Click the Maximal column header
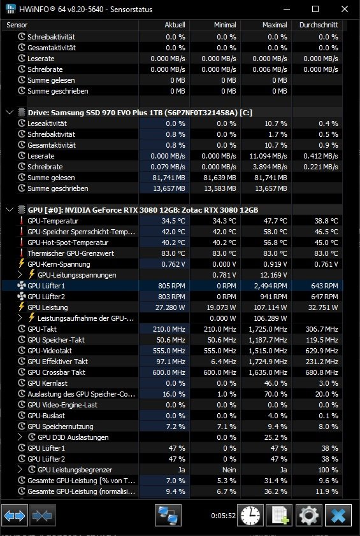pyautogui.click(x=275, y=25)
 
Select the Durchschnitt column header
pyautogui.click(x=319, y=25)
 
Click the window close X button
pyautogui.click(x=345, y=9)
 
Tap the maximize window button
pyautogui.click(x=315, y=9)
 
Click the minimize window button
pyautogui.click(x=286, y=9)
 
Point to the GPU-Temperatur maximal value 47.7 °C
pyautogui.click(x=275, y=221)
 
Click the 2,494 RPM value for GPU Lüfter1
pyautogui.click(x=270, y=286)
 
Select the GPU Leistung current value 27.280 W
pyautogui.click(x=170, y=307)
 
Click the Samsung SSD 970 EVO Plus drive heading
pyautogui.click(x=140, y=113)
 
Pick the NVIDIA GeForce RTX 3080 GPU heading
pyautogui.click(x=143, y=210)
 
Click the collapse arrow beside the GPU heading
pyautogui.click(x=10, y=209)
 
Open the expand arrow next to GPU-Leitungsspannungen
pyautogui.click(x=20, y=274)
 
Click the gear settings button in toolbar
pyautogui.click(x=308, y=515)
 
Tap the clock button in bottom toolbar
pyautogui.click(x=250, y=515)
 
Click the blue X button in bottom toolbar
pyautogui.click(x=338, y=515)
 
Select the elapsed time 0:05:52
pyautogui.click(x=224, y=516)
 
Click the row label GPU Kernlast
pyautogui.click(x=48, y=383)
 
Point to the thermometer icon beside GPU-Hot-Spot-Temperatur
pyautogui.click(x=22, y=243)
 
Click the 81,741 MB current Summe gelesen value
pyautogui.click(x=169, y=178)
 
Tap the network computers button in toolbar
pyautogui.click(x=168, y=515)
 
